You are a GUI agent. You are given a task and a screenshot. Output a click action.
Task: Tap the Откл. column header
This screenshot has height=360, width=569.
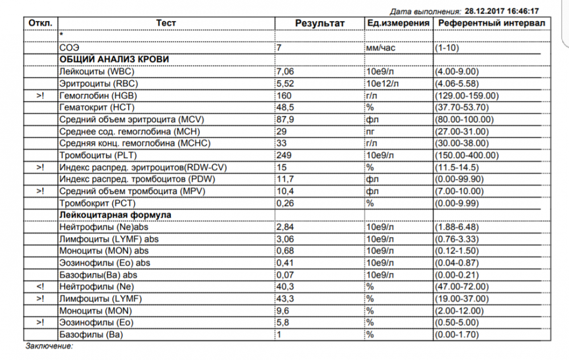(40, 23)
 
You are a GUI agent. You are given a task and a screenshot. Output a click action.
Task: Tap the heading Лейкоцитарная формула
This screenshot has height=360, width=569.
(116, 214)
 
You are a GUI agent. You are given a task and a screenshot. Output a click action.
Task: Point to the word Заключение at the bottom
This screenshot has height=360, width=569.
(49, 345)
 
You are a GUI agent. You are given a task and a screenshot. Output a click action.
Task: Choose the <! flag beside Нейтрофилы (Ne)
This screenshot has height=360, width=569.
(40, 286)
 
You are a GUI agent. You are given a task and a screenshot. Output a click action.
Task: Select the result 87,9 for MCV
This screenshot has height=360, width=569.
(285, 119)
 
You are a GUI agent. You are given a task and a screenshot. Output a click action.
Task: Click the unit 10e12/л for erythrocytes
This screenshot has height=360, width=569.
(383, 84)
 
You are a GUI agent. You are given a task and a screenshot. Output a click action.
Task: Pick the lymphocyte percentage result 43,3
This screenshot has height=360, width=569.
(285, 298)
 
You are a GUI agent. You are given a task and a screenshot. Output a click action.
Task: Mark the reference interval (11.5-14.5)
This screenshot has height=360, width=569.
(456, 167)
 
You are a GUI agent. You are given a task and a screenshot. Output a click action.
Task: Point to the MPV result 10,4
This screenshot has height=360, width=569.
(285, 191)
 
